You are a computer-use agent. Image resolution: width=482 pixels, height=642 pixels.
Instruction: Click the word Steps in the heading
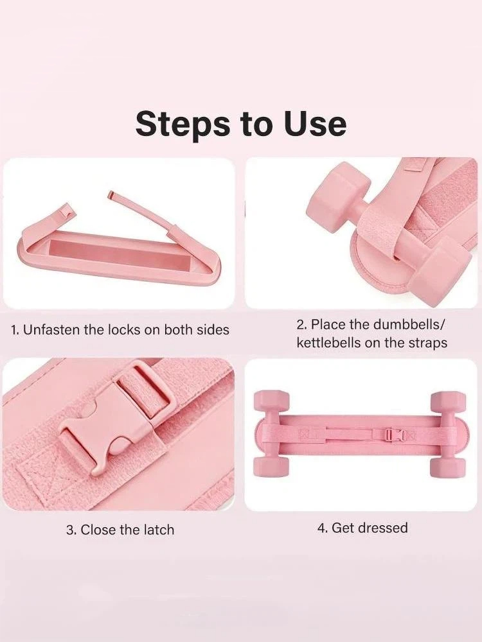[x=183, y=124]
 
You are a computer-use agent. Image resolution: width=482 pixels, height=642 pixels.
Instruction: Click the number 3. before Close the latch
[x=72, y=530]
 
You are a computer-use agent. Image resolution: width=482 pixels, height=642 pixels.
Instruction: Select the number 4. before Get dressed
[x=323, y=528]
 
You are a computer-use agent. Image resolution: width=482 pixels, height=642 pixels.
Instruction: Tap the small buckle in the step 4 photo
[x=391, y=435]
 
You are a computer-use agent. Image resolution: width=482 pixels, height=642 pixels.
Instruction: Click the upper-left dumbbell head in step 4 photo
[x=272, y=404]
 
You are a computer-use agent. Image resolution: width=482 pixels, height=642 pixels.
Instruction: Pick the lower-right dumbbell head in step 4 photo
[x=448, y=466]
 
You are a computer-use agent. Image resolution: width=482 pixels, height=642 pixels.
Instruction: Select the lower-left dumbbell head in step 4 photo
[x=272, y=466]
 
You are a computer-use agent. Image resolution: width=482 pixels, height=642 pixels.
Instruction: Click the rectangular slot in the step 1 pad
[x=118, y=257]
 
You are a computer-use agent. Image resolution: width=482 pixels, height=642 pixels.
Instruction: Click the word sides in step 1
[x=211, y=329]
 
